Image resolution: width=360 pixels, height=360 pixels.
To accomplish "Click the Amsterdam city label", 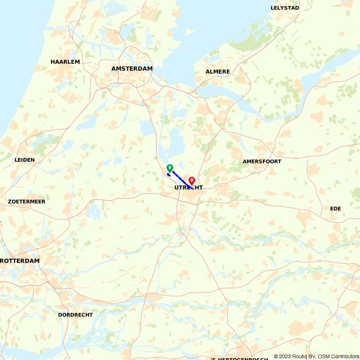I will pyautogui.click(x=132, y=68).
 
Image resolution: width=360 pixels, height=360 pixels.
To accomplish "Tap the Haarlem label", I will pyautogui.click(x=65, y=62).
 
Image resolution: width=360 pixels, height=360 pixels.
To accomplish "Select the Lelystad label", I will pyautogui.click(x=285, y=8).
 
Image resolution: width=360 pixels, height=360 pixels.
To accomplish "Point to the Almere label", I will pyautogui.click(x=217, y=72).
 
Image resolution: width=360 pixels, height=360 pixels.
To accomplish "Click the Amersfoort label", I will pyautogui.click(x=262, y=161).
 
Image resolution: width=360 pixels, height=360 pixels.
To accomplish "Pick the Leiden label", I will pyautogui.click(x=24, y=160).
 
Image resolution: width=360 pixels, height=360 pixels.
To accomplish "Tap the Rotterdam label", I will pyautogui.click(x=20, y=261).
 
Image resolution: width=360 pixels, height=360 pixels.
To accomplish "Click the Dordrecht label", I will pyautogui.click(x=75, y=315).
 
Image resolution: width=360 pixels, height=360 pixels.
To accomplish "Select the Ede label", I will pyautogui.click(x=335, y=208).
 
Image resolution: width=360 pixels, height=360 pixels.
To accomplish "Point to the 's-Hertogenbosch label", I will pyautogui.click(x=240, y=359).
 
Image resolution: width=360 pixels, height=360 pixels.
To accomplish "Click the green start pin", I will pyautogui.click(x=170, y=168).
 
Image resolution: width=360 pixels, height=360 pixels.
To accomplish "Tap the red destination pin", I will pyautogui.click(x=192, y=181).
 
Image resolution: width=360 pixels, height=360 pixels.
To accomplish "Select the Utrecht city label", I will pyautogui.click(x=188, y=188).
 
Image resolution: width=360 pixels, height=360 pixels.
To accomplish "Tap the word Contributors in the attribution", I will pyautogui.click(x=344, y=356).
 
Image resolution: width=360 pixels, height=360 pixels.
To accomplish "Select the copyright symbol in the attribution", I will pyautogui.click(x=276, y=356).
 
